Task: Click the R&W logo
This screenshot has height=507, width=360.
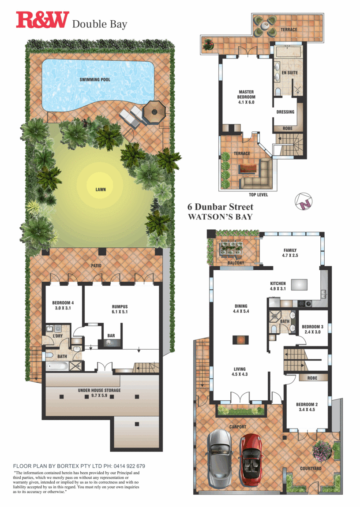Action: [x=42, y=20]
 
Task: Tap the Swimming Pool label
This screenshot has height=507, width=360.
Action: [x=95, y=79]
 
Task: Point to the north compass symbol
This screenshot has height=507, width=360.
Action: [x=304, y=201]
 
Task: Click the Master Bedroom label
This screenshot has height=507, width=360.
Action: [x=246, y=97]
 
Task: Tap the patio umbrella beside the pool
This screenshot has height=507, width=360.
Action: [x=154, y=112]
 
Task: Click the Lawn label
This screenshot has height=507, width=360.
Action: [x=101, y=190]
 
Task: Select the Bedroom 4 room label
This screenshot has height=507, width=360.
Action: [x=63, y=305]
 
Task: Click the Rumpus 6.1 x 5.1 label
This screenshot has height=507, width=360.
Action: [x=120, y=309]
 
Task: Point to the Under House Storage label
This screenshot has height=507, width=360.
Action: [x=99, y=392]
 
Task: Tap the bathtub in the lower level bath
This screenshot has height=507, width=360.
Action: [x=57, y=367]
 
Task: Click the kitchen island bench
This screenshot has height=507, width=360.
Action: [x=299, y=284]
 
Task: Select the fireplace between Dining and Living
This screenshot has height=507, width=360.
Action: [x=240, y=340]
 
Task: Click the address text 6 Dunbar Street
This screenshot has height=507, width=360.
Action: [x=220, y=207]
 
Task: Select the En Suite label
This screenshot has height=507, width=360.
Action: [x=289, y=73]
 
